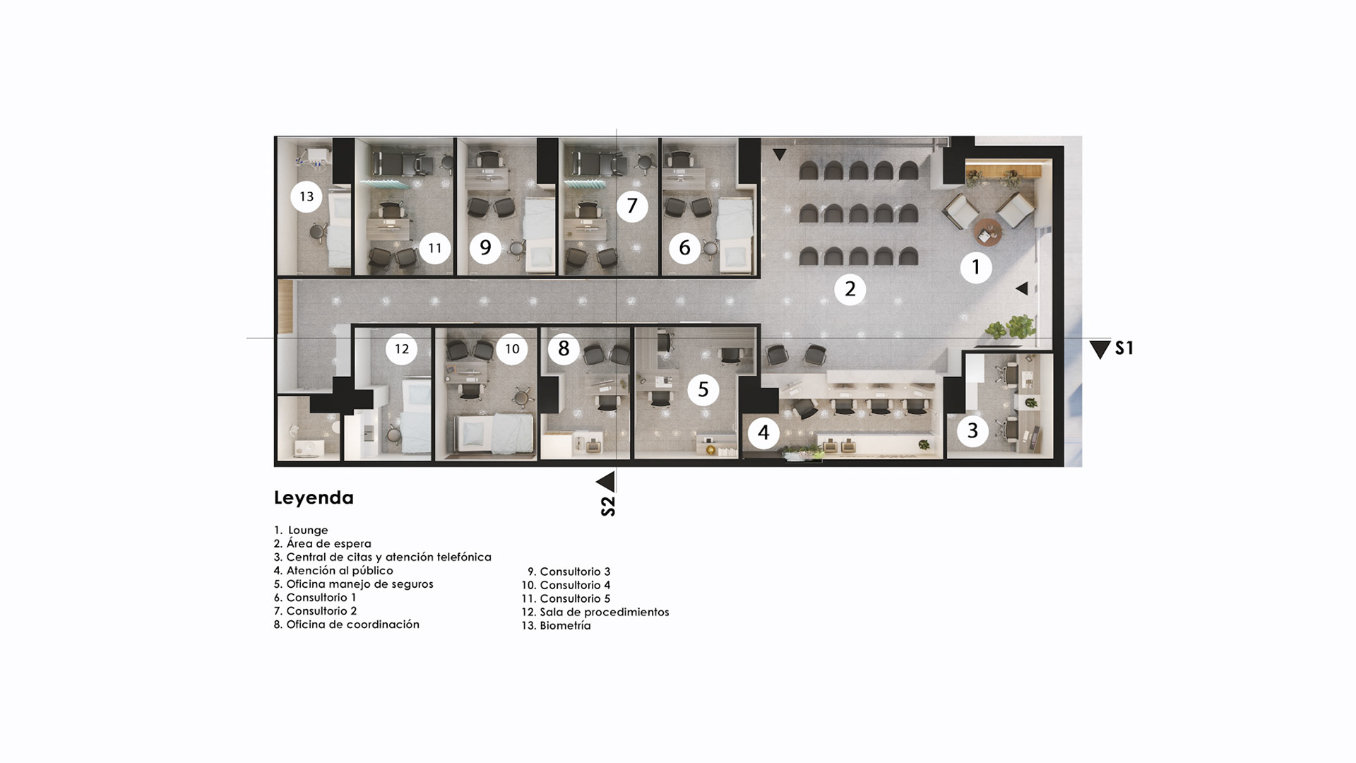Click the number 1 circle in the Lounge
[976, 267]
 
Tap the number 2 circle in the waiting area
[850, 289]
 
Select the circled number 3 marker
[973, 430]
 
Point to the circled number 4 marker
[763, 432]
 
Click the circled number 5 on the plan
[703, 389]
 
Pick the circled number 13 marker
[307, 196]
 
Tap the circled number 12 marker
[402, 349]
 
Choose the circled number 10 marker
[512, 349]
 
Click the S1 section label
[1124, 348]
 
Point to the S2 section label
[607, 507]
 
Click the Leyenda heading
[314, 498]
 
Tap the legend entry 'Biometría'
[557, 625]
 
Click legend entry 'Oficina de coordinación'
[347, 625]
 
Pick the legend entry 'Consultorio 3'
[569, 572]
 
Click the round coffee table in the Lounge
[987, 232]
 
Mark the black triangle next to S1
[1100, 350]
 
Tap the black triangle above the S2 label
[606, 482]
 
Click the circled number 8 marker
[564, 348]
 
